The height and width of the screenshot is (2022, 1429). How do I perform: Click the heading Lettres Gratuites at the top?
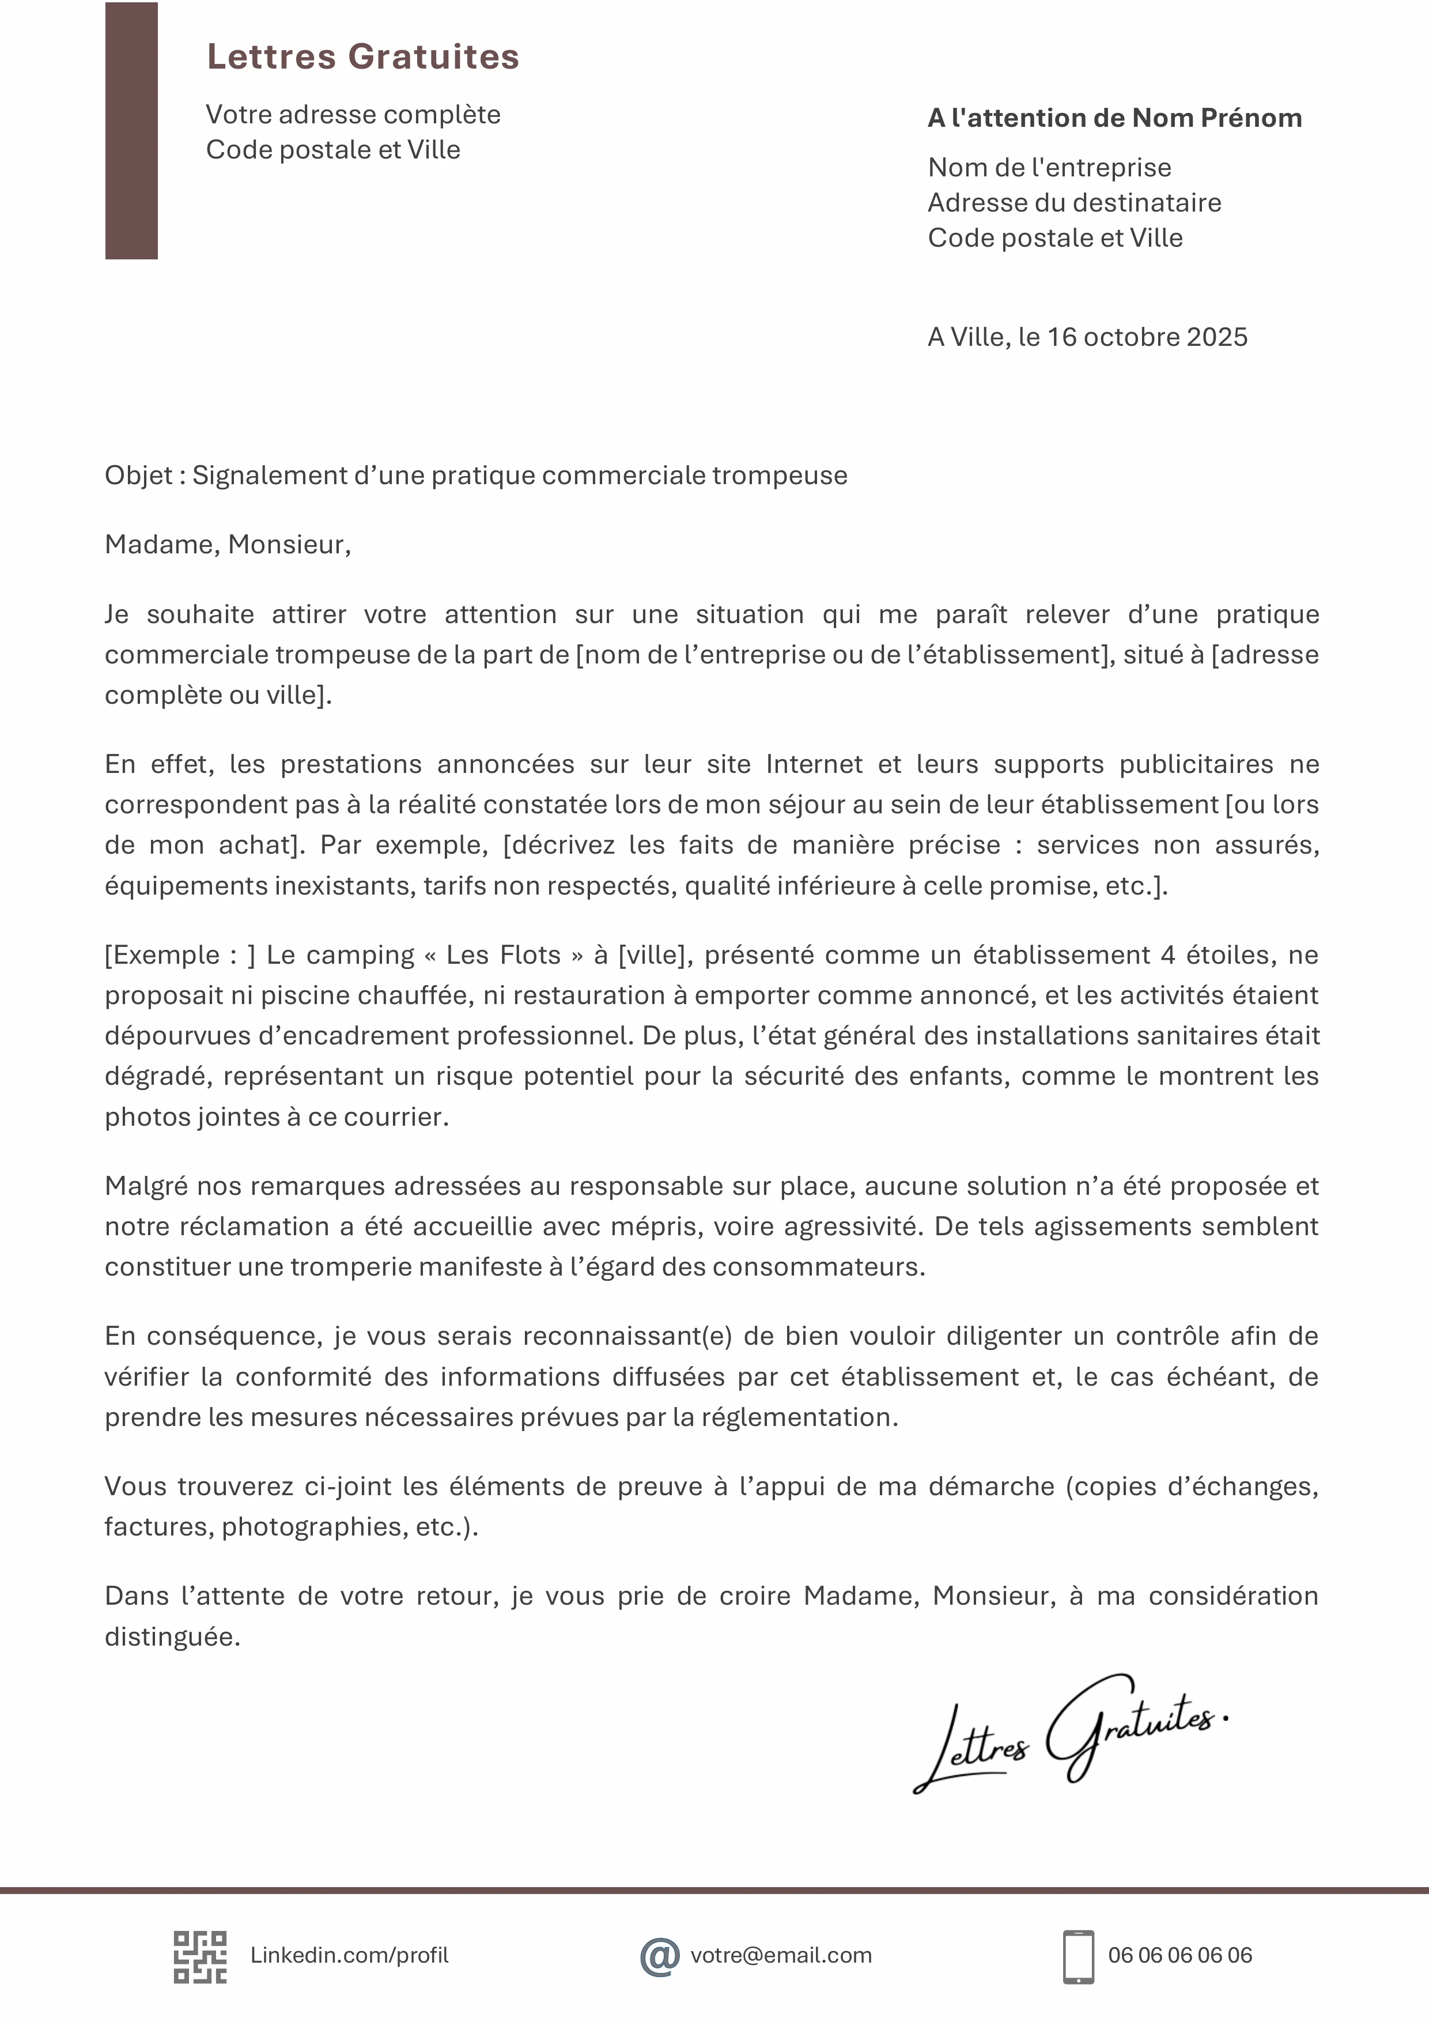tap(363, 56)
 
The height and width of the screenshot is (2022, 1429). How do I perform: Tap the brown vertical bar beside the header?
tap(131, 130)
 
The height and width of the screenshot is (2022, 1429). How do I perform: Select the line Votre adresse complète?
tap(353, 115)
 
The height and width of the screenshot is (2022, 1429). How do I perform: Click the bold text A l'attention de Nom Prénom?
tap(1114, 118)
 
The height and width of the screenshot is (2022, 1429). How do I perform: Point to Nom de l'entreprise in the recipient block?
tap(1049, 167)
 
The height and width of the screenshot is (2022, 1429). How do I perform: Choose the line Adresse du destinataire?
tap(1074, 202)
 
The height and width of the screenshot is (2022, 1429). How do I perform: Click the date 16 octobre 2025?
tap(1147, 337)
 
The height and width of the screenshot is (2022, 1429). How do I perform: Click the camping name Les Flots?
tap(503, 955)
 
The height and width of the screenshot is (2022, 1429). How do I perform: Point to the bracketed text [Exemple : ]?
tap(180, 955)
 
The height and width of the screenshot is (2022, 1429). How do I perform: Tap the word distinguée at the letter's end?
tap(172, 1636)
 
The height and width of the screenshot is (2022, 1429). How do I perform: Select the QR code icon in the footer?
tap(200, 1957)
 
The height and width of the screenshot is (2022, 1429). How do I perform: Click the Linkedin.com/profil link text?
tap(350, 1955)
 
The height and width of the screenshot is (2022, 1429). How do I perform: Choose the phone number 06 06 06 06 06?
tap(1180, 1955)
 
